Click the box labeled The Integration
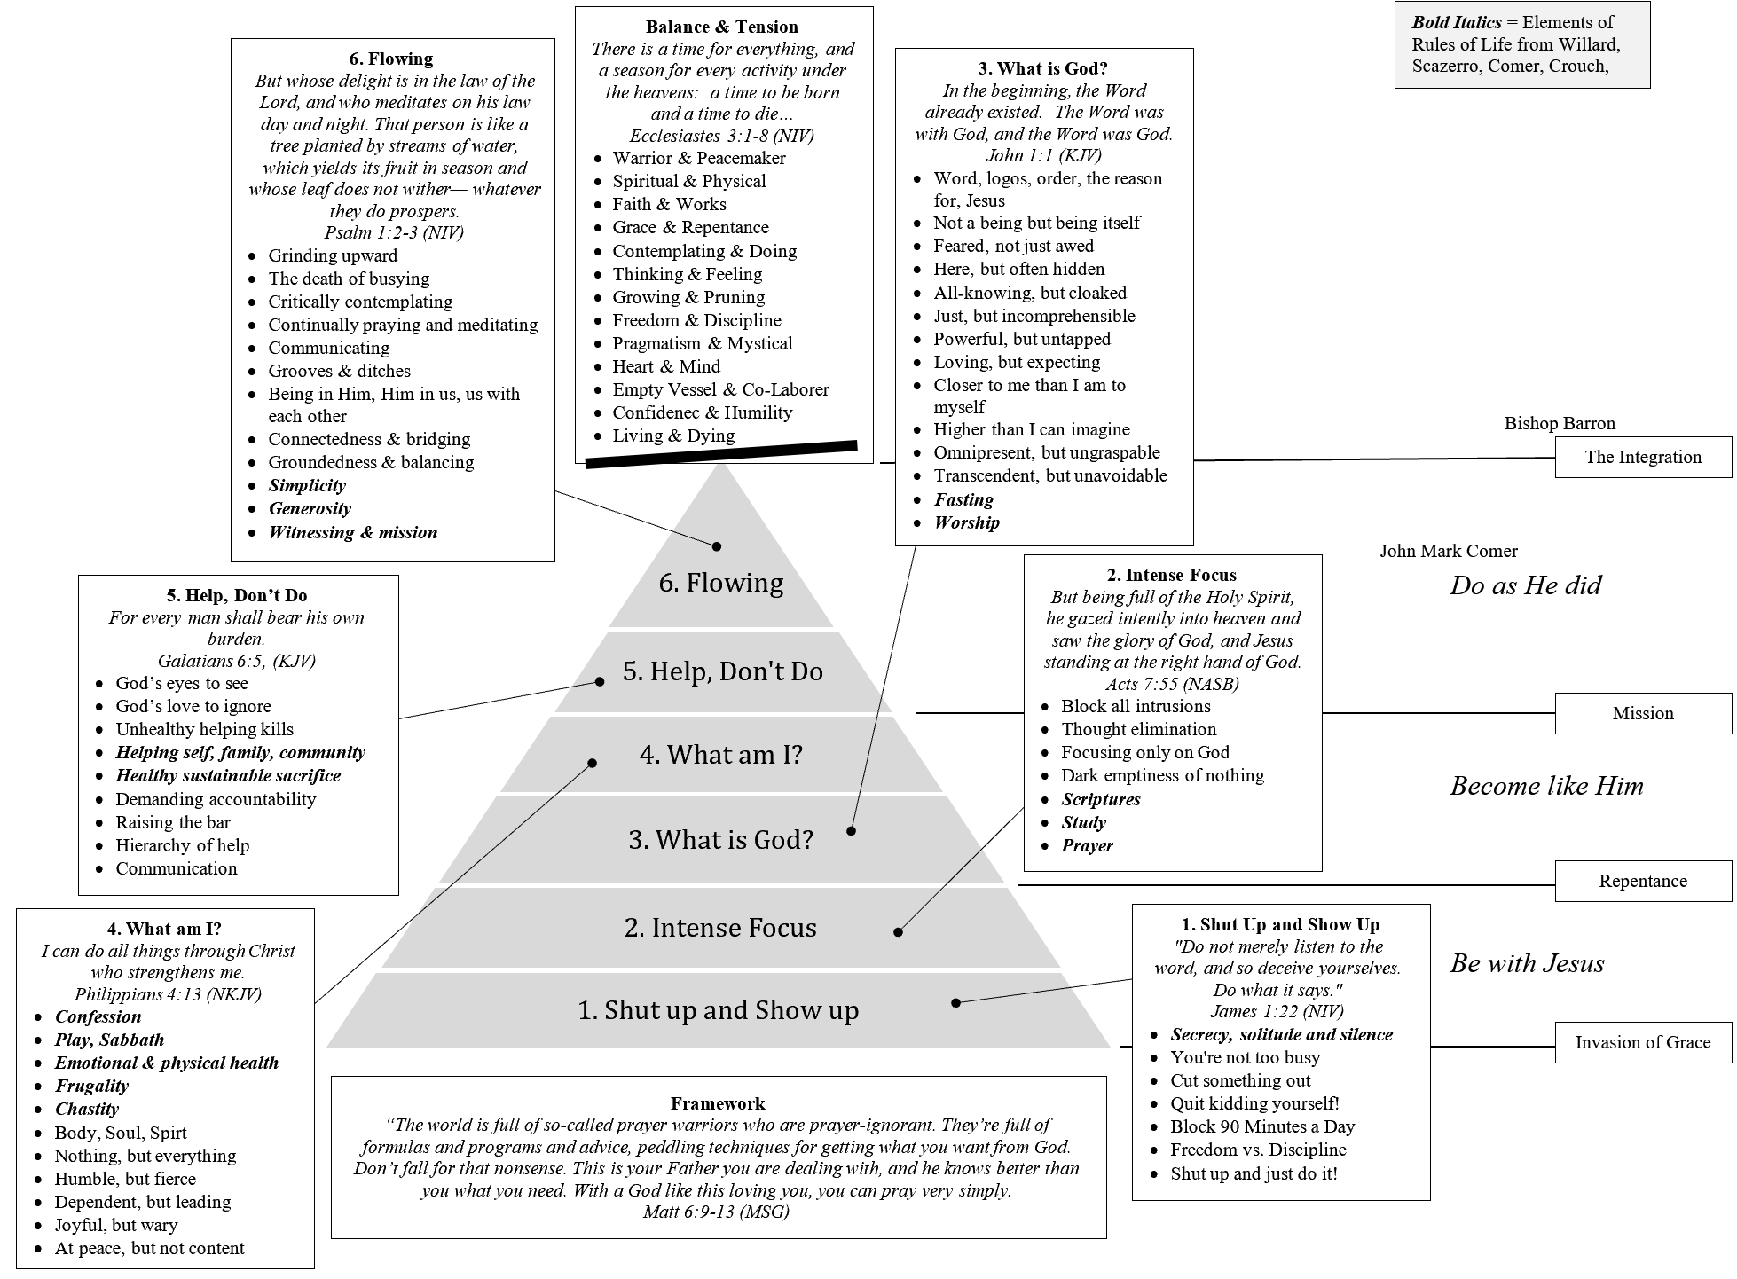point(1643,458)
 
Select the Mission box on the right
point(1643,713)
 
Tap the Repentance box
point(1643,881)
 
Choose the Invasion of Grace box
point(1643,1042)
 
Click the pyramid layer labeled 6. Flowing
point(721,583)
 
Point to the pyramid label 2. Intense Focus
point(720,928)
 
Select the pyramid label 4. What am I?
point(720,755)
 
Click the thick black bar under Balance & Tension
point(721,453)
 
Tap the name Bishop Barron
point(1560,423)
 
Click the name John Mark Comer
point(1449,551)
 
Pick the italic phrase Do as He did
point(1526,585)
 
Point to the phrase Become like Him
point(1546,786)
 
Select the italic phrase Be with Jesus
point(1527,963)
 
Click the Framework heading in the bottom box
point(718,1103)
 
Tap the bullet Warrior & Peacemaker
point(699,158)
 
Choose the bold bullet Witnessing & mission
point(353,532)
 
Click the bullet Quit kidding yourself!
point(1254,1103)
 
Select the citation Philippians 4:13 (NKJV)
point(168,994)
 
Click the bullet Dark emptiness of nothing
point(1162,775)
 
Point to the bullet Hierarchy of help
point(183,845)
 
